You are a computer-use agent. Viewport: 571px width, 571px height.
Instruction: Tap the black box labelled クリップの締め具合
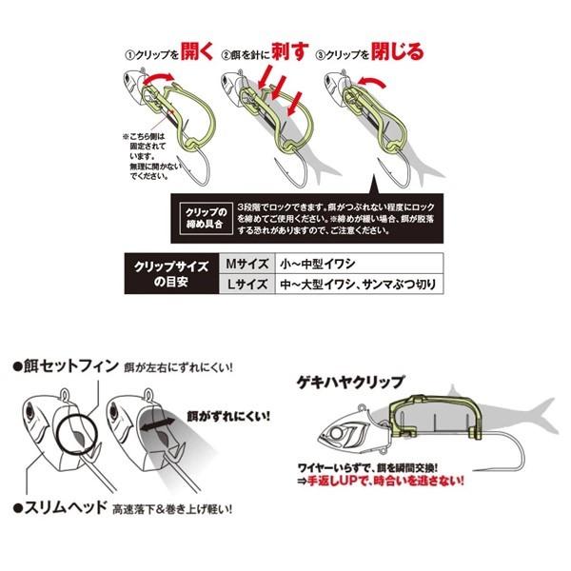[x=201, y=214]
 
